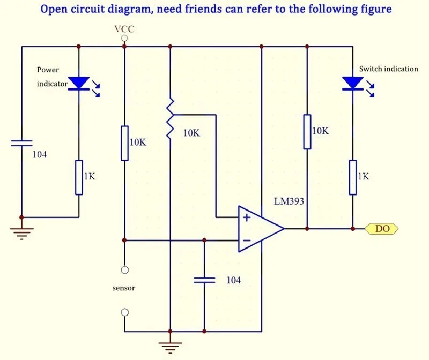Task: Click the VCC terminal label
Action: pyautogui.click(x=124, y=29)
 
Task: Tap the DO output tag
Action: pyautogui.click(x=382, y=229)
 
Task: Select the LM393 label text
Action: pyautogui.click(x=289, y=202)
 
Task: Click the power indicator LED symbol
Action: pyautogui.click(x=79, y=83)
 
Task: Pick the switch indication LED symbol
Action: pyautogui.click(x=352, y=83)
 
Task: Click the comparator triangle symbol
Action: pyautogui.click(x=261, y=229)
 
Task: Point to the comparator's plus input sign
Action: pyautogui.click(x=246, y=217)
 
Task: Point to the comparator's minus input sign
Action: pyautogui.click(x=246, y=241)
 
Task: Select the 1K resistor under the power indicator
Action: pyautogui.click(x=79, y=177)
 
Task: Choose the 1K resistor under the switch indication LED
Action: pyautogui.click(x=353, y=177)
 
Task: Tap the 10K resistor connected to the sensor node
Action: pyautogui.click(x=124, y=143)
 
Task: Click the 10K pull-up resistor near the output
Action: pyautogui.click(x=307, y=131)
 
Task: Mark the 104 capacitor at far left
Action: pyautogui.click(x=21, y=143)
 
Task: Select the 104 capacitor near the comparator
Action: pyautogui.click(x=204, y=280)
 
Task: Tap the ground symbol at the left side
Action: pyautogui.click(x=21, y=232)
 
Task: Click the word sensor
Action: pyautogui.click(x=124, y=288)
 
